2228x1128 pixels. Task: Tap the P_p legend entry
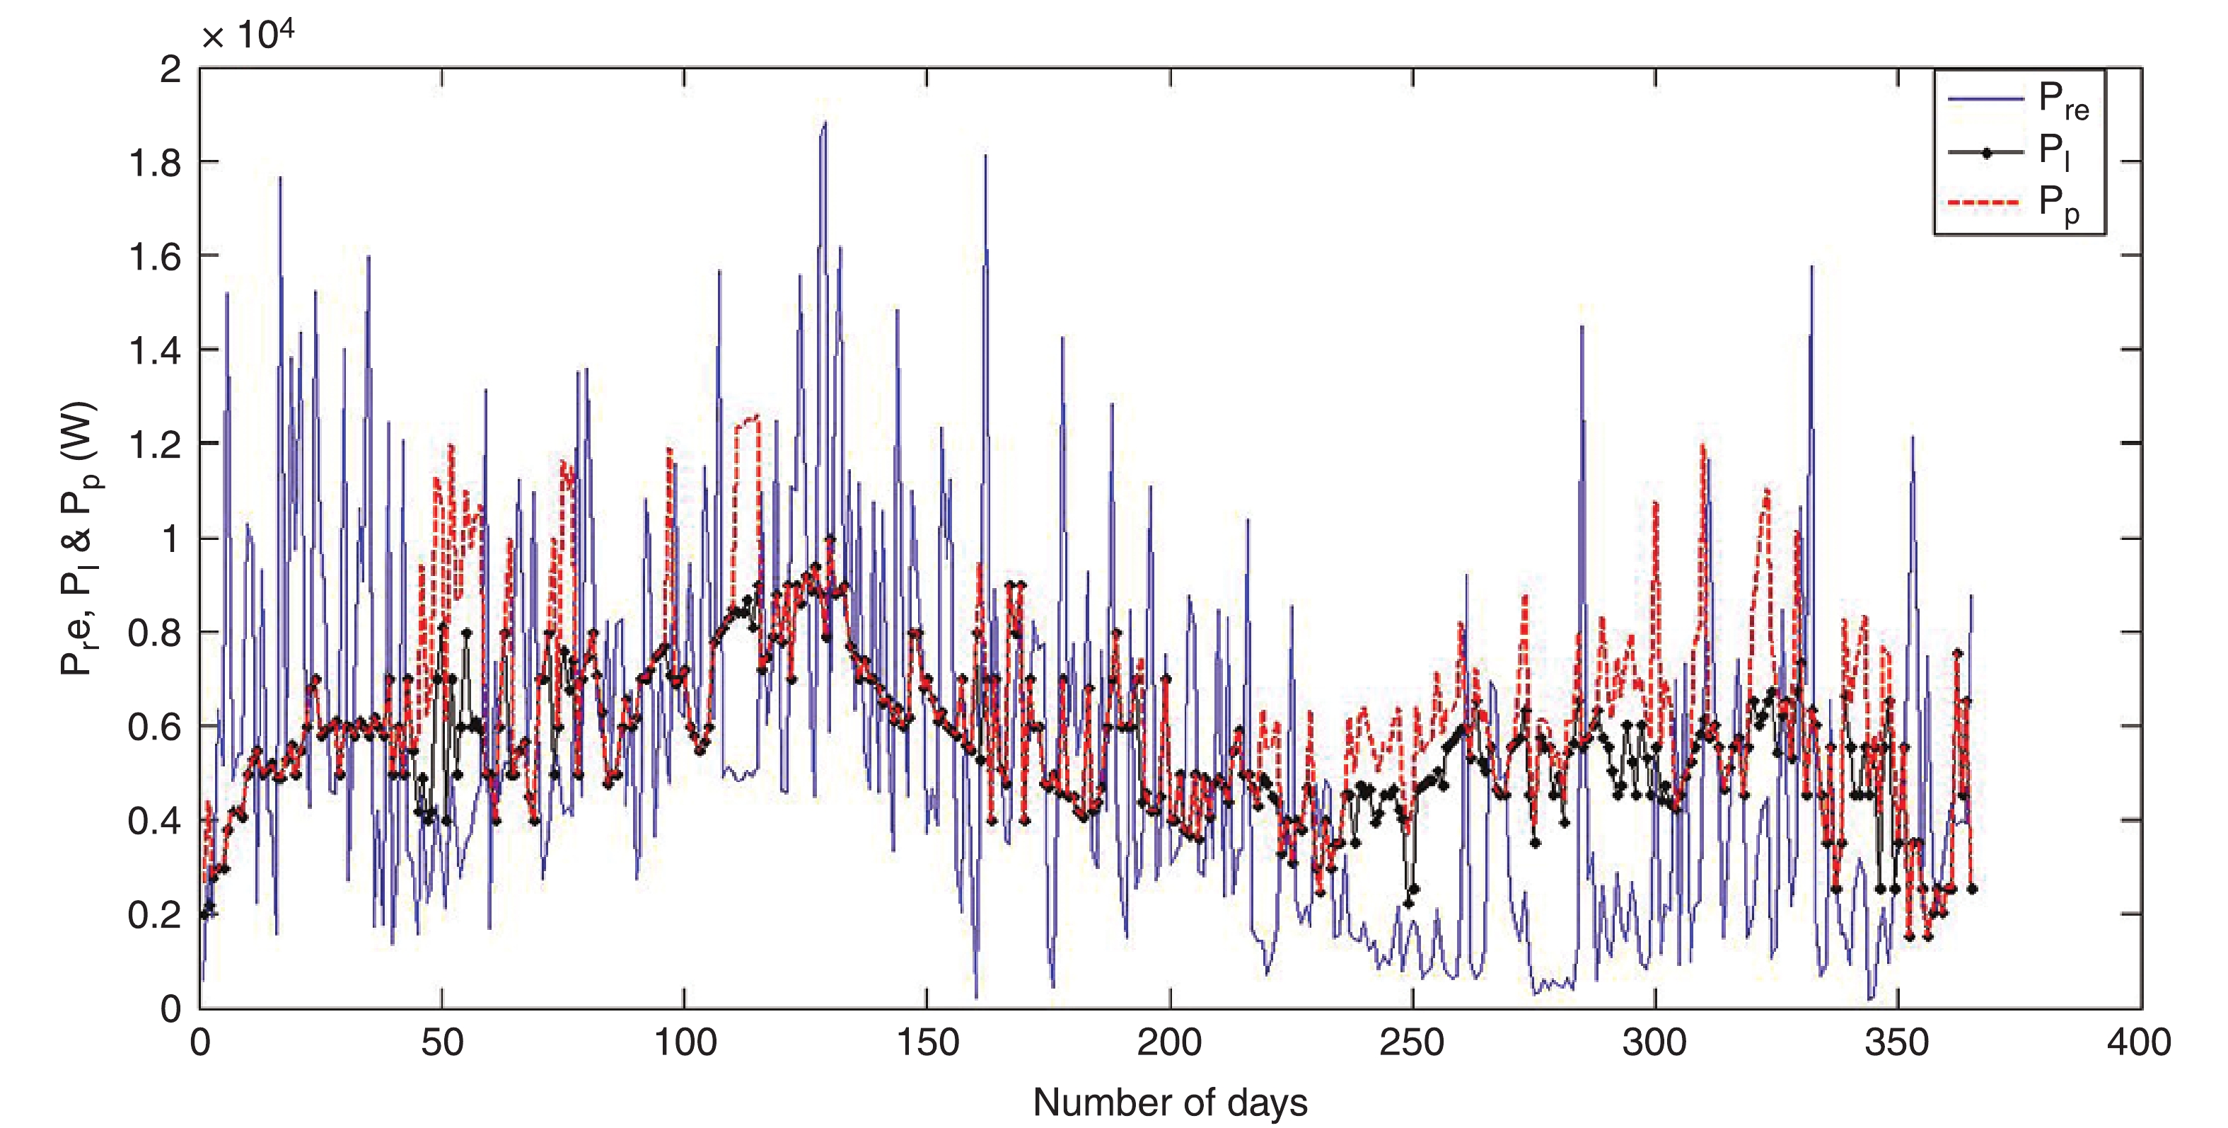(2058, 204)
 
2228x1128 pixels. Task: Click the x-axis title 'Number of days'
(1169, 1102)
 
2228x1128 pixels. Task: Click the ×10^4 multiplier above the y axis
(248, 35)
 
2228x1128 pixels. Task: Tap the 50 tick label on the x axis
(442, 1042)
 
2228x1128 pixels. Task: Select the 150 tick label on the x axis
(927, 1042)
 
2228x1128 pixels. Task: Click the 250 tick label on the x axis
(1412, 1042)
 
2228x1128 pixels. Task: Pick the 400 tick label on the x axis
(2139, 1042)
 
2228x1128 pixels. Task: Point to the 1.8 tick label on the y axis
(155, 163)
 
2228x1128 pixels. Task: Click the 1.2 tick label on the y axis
(155, 444)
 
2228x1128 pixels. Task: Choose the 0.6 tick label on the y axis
(155, 727)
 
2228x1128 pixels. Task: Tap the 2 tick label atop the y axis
(170, 69)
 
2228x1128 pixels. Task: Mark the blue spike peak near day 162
(985, 156)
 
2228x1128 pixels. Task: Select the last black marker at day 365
(1972, 888)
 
